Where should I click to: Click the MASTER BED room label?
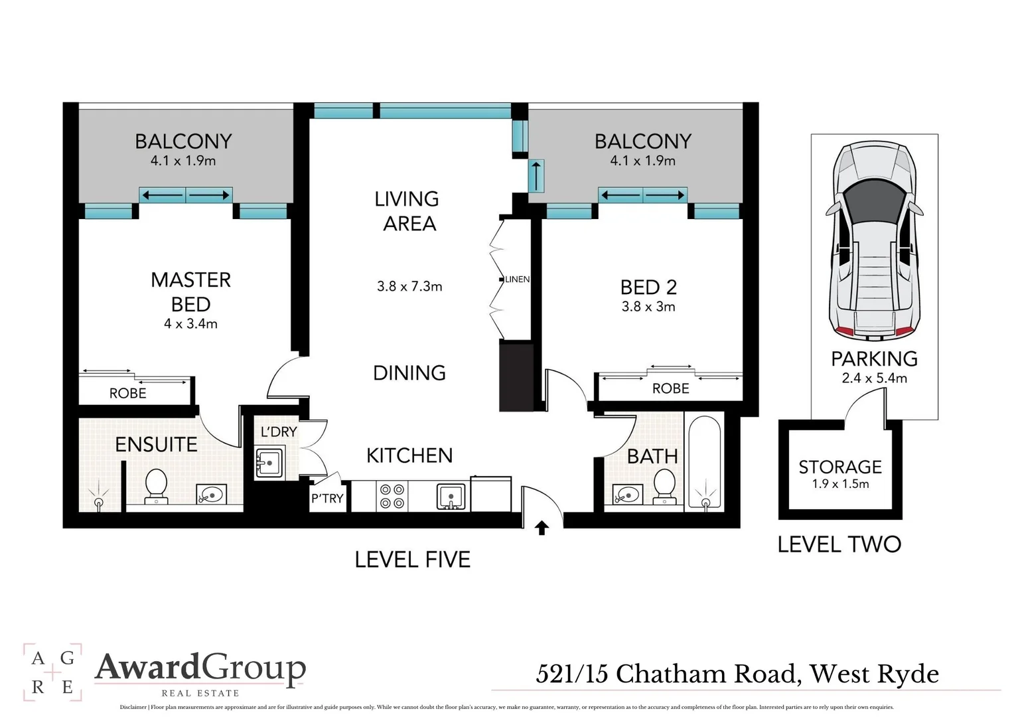[190, 291]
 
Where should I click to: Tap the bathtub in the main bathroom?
[704, 462]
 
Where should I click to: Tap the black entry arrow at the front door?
[542, 528]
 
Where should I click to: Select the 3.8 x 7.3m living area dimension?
[409, 286]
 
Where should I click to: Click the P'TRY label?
[327, 498]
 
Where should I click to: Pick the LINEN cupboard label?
[518, 279]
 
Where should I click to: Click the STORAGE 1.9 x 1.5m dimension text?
[840, 484]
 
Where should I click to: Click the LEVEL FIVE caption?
[412, 560]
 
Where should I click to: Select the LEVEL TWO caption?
[839, 544]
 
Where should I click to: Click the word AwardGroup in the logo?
[200, 668]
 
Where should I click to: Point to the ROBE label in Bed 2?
[670, 388]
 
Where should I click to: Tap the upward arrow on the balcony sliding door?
[536, 176]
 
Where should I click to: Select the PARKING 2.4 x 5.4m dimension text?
[874, 378]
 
